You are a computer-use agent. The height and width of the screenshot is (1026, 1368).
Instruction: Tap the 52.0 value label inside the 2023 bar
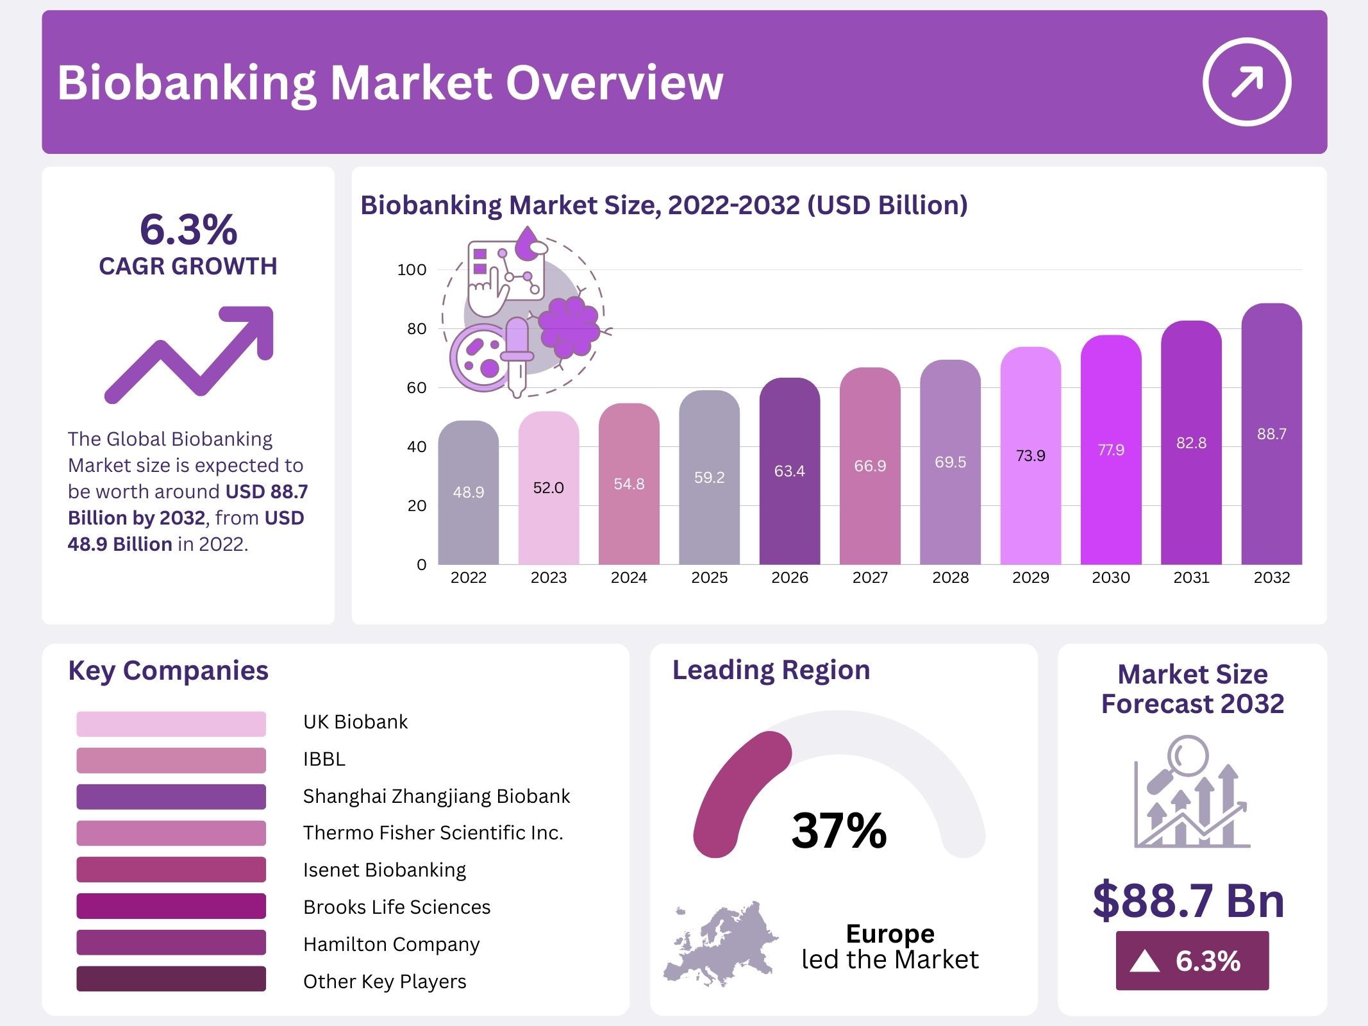click(548, 488)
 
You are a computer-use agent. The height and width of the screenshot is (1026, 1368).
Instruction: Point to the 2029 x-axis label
click(1030, 578)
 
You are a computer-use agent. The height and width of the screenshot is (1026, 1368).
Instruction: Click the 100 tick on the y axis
click(412, 270)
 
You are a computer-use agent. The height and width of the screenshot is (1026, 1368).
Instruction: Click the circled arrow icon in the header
click(1246, 82)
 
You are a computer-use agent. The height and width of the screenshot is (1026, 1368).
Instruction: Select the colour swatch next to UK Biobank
click(171, 723)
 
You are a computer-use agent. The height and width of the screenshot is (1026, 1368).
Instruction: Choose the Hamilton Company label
click(391, 944)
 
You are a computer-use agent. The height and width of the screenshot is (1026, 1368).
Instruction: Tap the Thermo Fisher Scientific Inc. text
click(433, 832)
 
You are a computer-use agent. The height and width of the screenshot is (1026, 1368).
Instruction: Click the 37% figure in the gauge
click(838, 830)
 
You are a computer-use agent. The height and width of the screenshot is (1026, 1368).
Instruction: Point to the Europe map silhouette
click(721, 943)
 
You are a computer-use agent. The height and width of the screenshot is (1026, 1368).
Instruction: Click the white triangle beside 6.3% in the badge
click(1144, 961)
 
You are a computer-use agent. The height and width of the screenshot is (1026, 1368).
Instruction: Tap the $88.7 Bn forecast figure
click(1189, 900)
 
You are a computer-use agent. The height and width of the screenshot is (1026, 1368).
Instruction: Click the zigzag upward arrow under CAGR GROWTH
click(190, 353)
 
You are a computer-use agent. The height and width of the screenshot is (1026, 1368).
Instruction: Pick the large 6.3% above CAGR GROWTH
click(188, 230)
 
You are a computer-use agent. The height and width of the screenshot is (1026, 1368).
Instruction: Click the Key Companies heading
click(168, 671)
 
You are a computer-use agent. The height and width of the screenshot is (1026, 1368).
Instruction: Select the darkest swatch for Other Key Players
click(171, 979)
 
